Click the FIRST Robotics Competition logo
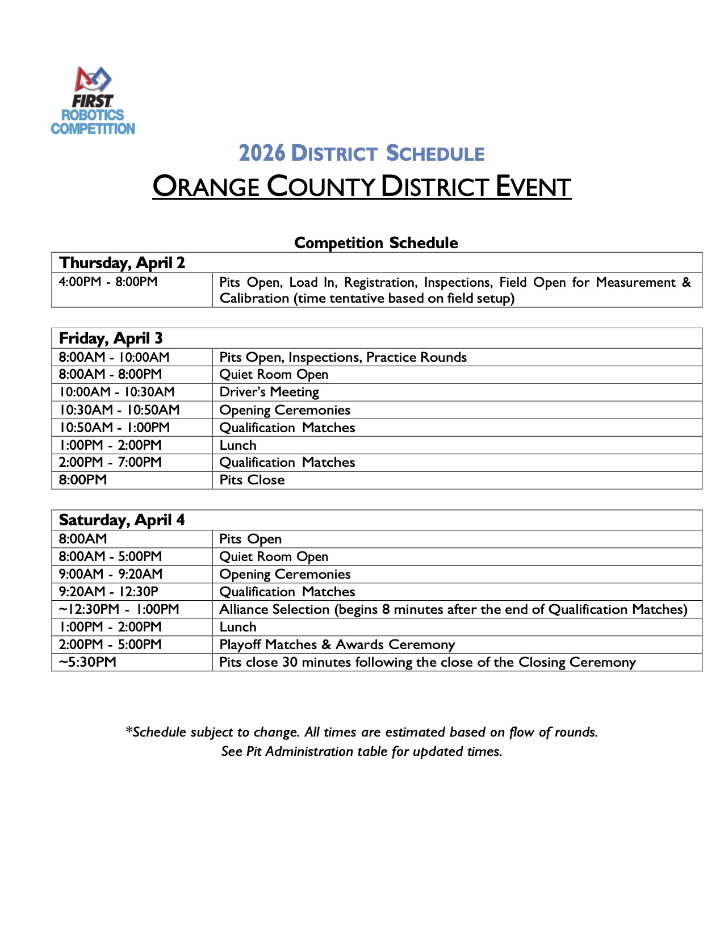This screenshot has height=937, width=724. (93, 101)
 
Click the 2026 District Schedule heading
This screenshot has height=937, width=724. (361, 153)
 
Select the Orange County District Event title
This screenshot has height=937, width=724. (362, 187)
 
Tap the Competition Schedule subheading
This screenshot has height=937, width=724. (376, 242)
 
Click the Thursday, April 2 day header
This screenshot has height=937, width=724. (122, 262)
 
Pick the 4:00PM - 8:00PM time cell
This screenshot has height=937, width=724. (108, 282)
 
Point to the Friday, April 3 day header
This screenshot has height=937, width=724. (111, 338)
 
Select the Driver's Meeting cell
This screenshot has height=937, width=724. (269, 392)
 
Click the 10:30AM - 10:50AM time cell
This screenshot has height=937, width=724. (119, 409)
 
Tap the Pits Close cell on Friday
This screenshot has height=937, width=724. (252, 480)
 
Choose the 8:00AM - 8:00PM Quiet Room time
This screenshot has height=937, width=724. (110, 374)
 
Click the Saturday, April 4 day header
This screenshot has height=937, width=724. (122, 520)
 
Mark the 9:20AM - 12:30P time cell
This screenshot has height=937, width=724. (108, 592)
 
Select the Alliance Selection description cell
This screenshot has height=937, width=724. (453, 609)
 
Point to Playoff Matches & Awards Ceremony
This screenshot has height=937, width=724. (337, 645)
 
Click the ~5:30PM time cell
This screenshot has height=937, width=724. (87, 662)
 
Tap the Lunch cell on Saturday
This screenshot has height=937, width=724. (238, 627)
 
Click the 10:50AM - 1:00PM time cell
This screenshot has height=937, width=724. (114, 428)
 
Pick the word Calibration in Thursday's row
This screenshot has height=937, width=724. (254, 298)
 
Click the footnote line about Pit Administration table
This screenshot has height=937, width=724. (362, 751)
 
